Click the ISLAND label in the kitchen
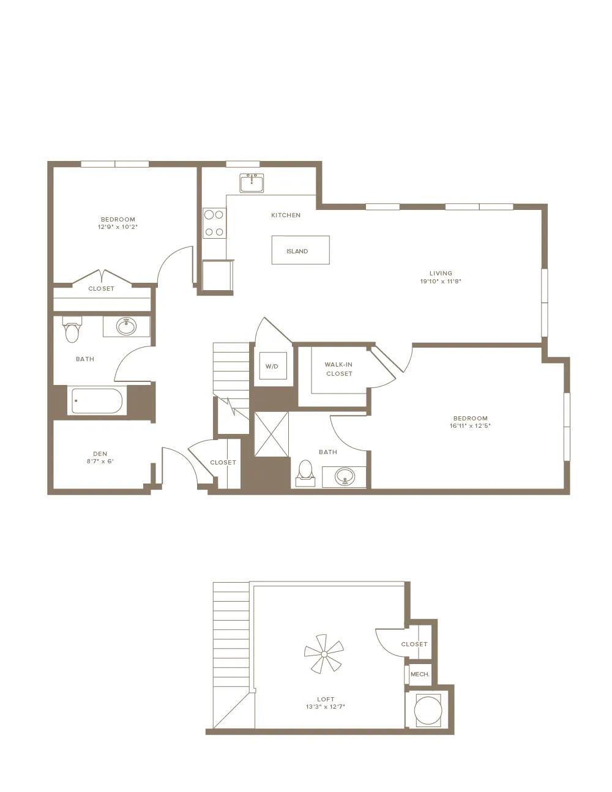tap(297, 251)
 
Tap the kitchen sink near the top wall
tap(252, 183)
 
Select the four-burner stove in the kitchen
tap(214, 223)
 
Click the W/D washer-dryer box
tap(273, 366)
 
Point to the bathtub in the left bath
tap(97, 401)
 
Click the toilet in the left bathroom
tap(72, 329)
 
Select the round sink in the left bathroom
tap(127, 326)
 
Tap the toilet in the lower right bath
tap(305, 473)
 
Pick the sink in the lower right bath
tap(345, 476)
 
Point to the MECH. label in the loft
tap(420, 674)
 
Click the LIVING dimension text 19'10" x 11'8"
tap(441, 281)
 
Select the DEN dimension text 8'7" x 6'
tap(100, 461)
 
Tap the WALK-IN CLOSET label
tap(339, 369)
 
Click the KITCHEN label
tap(286, 215)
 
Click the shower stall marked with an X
tap(271, 434)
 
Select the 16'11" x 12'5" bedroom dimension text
tap(470, 425)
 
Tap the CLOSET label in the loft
tap(414, 644)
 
